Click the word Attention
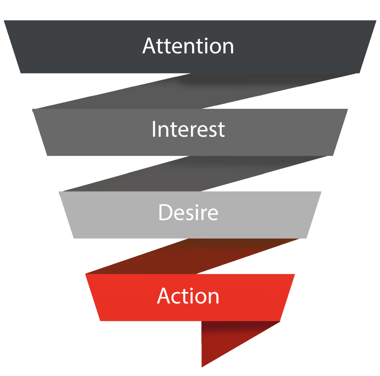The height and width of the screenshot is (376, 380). (188, 46)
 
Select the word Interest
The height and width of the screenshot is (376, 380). (188, 130)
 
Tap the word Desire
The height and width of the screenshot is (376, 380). (188, 213)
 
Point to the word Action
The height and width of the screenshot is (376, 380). (188, 296)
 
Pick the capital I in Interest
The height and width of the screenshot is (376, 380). (154, 130)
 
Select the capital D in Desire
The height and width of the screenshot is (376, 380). (165, 213)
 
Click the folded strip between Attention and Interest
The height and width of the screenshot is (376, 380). (193, 91)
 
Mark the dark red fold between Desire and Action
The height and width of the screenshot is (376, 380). (193, 256)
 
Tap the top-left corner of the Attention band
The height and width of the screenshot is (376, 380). (4, 21)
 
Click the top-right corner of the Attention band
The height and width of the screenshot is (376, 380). (376, 21)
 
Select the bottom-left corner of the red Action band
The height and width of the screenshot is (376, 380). (100, 320)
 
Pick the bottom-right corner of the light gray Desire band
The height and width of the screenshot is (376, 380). (306, 238)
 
